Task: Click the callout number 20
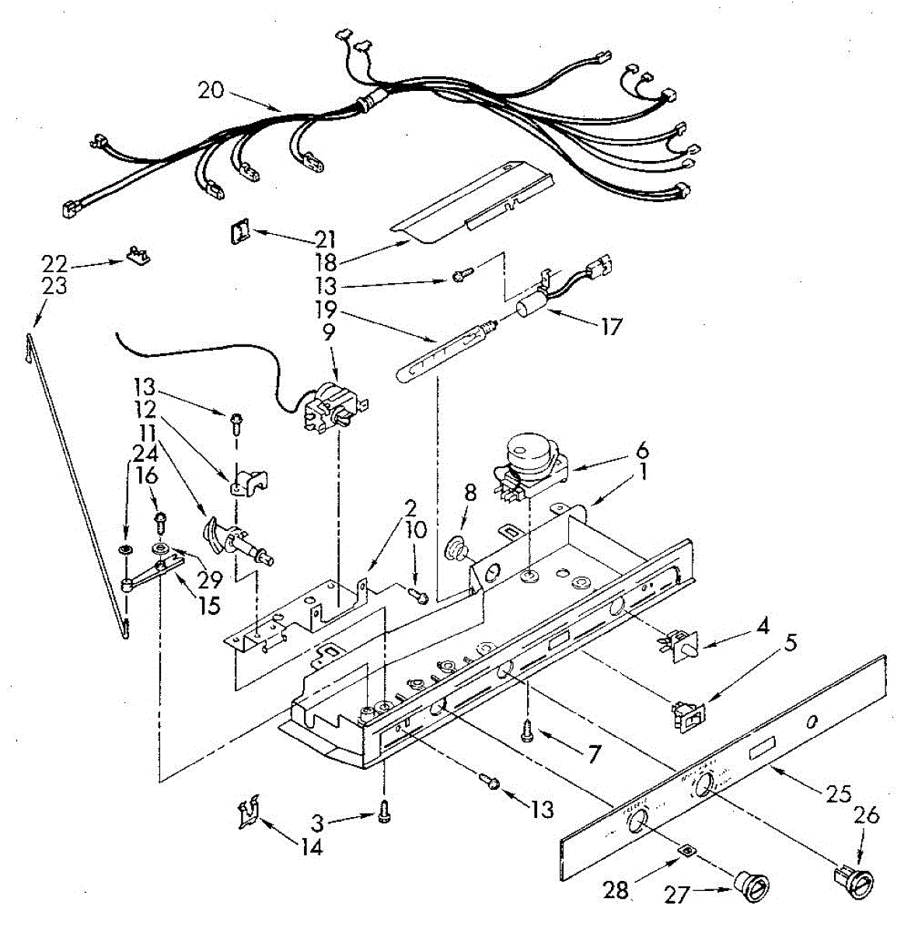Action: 210,90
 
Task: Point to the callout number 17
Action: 612,327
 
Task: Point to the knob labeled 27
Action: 752,887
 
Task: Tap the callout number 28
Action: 616,889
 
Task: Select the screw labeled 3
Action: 384,812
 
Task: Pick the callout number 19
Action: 327,309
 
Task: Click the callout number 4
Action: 763,625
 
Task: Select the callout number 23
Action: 54,286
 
